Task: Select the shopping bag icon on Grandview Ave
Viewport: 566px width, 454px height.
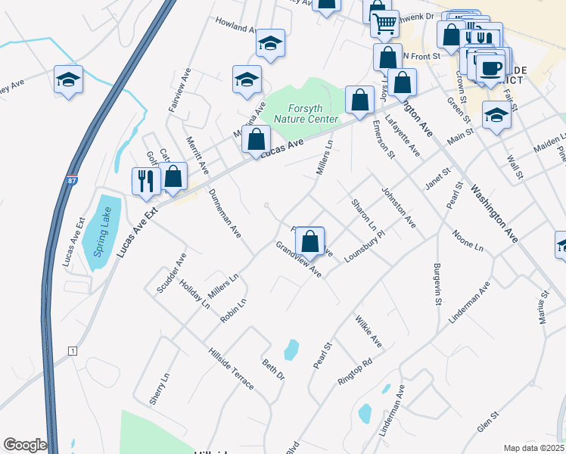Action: coord(310,242)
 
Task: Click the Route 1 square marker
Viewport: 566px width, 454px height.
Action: coord(73,351)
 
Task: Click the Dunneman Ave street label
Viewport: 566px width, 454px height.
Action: coord(225,213)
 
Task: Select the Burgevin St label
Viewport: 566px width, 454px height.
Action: coord(437,284)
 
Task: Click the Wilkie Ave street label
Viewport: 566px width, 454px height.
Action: coord(368,332)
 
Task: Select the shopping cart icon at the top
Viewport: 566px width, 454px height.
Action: coord(385,25)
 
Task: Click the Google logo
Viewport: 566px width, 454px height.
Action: coord(25,445)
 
